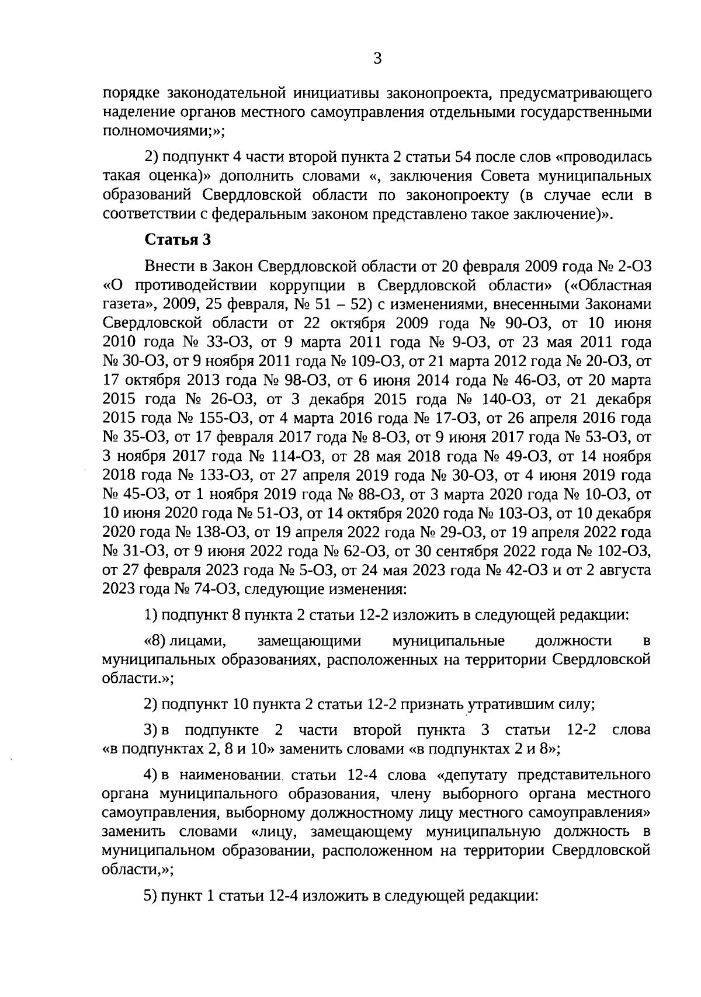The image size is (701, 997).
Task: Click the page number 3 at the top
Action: click(x=377, y=58)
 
